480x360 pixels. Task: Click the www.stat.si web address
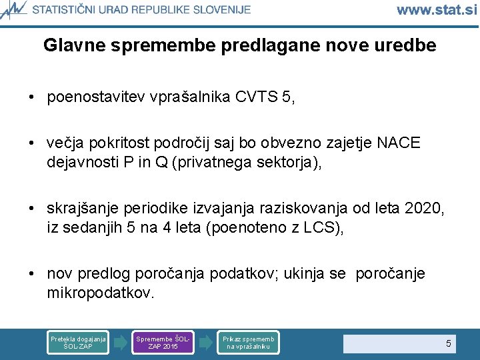point(437,9)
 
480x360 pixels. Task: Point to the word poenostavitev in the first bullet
point(91,97)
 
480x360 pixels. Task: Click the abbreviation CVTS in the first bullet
point(257,97)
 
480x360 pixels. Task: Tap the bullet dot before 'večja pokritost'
point(32,143)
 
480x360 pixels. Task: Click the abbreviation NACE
point(399,143)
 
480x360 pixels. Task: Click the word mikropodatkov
point(100,293)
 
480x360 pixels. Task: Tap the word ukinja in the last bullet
point(310,274)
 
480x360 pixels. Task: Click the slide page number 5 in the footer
point(448,343)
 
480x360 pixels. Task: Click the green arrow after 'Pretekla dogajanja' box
point(120,343)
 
